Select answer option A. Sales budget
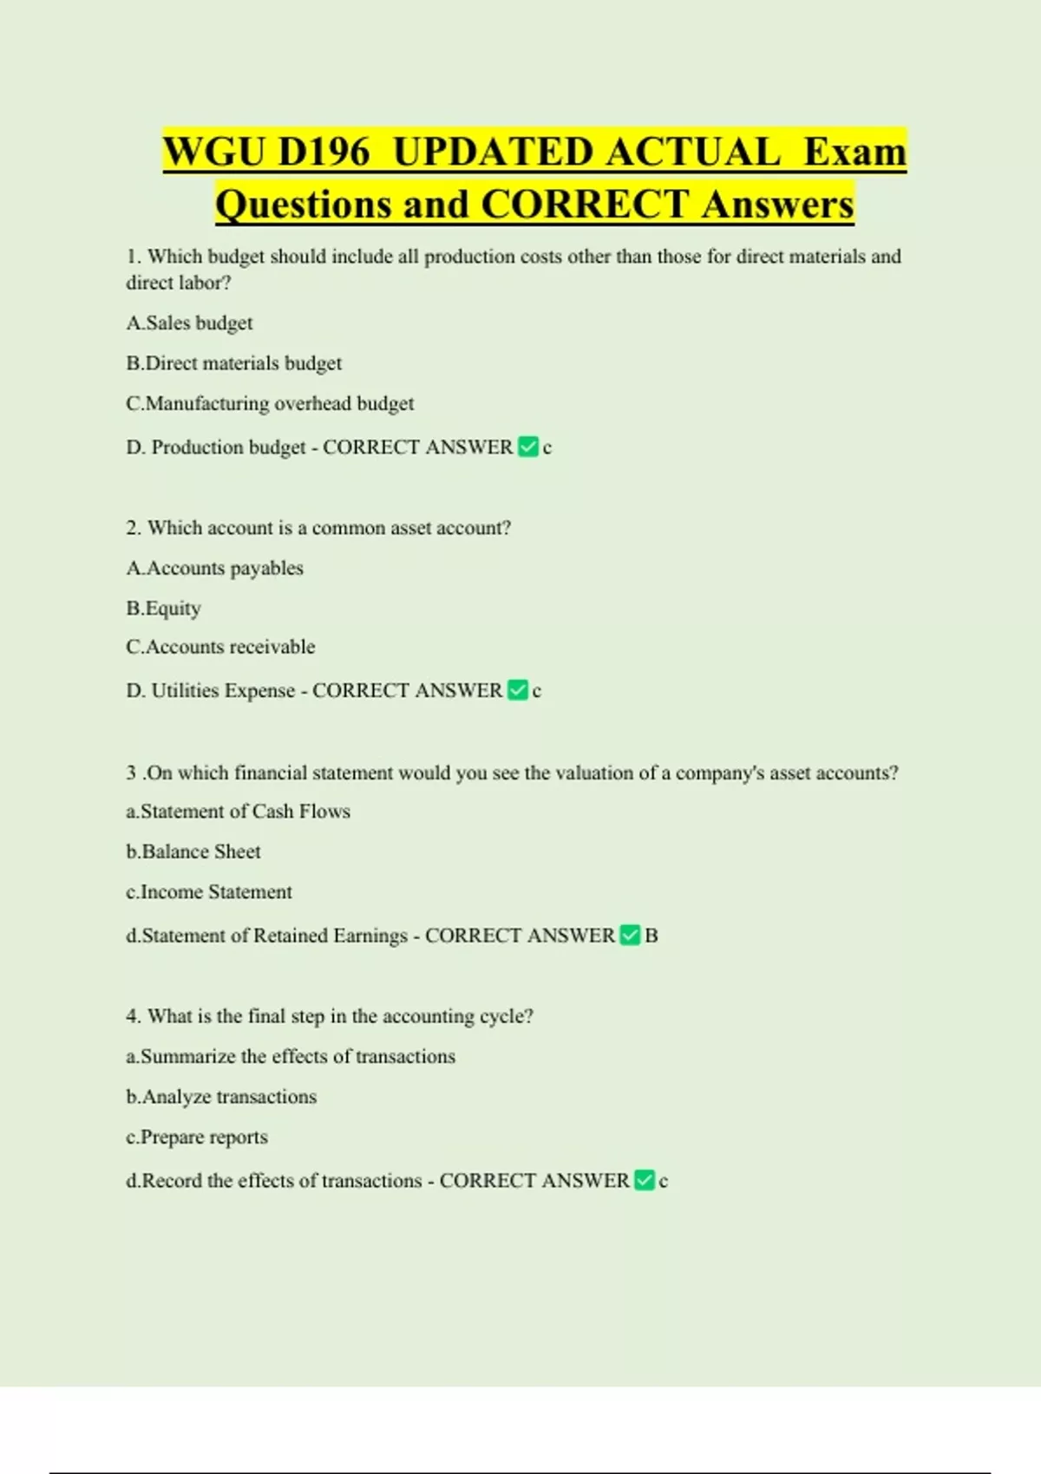point(189,323)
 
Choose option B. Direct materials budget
point(234,363)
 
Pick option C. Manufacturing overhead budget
point(270,404)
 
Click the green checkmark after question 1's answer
point(527,447)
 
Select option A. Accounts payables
point(214,569)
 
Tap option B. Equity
point(163,609)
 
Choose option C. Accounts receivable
point(220,648)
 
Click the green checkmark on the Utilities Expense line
point(517,691)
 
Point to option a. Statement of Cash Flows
point(238,812)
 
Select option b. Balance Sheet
point(193,852)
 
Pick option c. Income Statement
point(208,892)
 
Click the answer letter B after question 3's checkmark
point(651,936)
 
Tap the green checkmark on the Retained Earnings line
point(630,936)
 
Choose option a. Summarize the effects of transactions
point(291,1057)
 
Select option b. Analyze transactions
point(221,1097)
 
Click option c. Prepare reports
point(196,1138)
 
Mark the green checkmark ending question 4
point(645,1181)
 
